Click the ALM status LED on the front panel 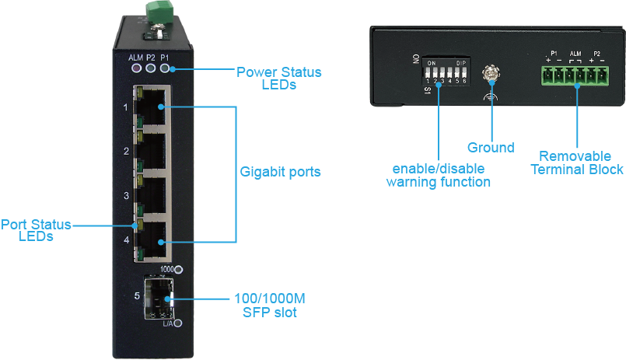pyautogui.click(x=136, y=69)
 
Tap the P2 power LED pyautogui.click(x=150, y=69)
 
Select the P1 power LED pyautogui.click(x=164, y=69)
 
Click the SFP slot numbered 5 pyautogui.click(x=159, y=297)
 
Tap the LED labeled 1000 pyautogui.click(x=180, y=271)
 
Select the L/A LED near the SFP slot pyautogui.click(x=180, y=323)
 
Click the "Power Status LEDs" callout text pyautogui.click(x=278, y=79)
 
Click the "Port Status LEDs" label pyautogui.click(x=36, y=230)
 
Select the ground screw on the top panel pyautogui.click(x=491, y=75)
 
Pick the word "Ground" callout pyautogui.click(x=491, y=148)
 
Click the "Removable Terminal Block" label pyautogui.click(x=581, y=163)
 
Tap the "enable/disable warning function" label pyautogui.click(x=439, y=175)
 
